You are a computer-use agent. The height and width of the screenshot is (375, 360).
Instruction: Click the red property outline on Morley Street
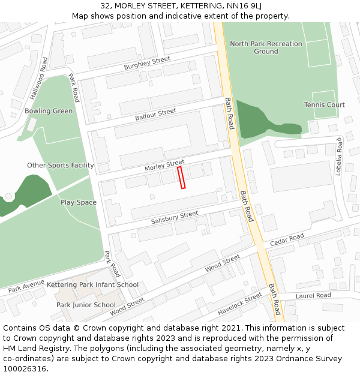pyautogui.click(x=181, y=178)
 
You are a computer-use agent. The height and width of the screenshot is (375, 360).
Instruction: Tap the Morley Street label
pyautogui.click(x=164, y=164)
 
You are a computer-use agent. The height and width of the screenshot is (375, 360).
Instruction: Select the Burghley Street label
pyautogui.click(x=147, y=63)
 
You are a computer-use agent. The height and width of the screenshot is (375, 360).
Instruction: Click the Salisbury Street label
pyautogui.click(x=175, y=217)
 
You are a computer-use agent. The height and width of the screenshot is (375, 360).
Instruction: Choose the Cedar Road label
pyautogui.click(x=287, y=240)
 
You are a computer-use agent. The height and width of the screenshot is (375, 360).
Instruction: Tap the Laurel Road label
pyautogui.click(x=313, y=295)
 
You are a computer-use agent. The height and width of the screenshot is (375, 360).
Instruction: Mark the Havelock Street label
pyautogui.click(x=240, y=304)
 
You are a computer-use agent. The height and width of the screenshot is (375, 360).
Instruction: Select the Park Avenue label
pyautogui.click(x=26, y=287)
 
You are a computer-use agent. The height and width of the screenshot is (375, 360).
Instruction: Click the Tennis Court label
pyautogui.click(x=325, y=105)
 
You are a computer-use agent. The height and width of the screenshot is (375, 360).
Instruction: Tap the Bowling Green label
pyautogui.click(x=49, y=111)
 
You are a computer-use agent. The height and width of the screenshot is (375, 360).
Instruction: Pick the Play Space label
pyautogui.click(x=79, y=202)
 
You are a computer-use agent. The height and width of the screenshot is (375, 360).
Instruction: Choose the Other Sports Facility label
pyautogui.click(x=61, y=165)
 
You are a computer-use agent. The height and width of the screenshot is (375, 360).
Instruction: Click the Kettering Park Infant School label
pyautogui.click(x=92, y=285)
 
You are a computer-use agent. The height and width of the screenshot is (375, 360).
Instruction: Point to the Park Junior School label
pyautogui.click(x=86, y=305)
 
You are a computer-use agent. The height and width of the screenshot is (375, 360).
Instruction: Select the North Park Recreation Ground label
pyautogui.click(x=266, y=47)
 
